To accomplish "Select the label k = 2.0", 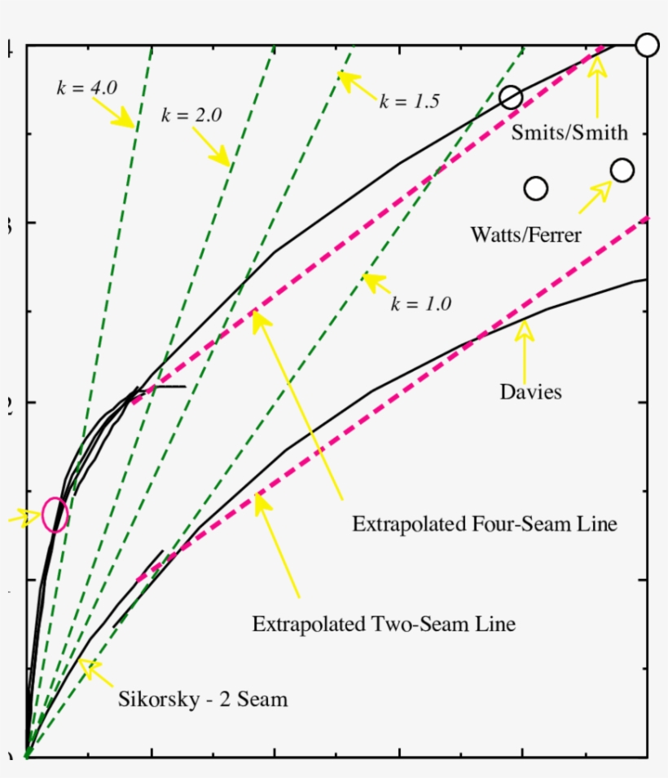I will tap(191, 115).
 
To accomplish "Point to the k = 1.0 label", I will tap(420, 304).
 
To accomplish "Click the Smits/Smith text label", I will tap(569, 132).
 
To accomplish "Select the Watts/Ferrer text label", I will tap(525, 235).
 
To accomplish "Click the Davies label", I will tap(530, 392).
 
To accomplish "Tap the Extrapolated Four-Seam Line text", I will tap(484, 524).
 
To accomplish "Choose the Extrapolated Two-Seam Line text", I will tap(384, 625).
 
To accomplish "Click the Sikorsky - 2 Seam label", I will tap(203, 699).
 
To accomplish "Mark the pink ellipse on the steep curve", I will tap(55, 515).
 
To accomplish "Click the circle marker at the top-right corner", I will tap(647, 45).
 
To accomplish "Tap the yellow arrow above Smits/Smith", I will tap(599, 90).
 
